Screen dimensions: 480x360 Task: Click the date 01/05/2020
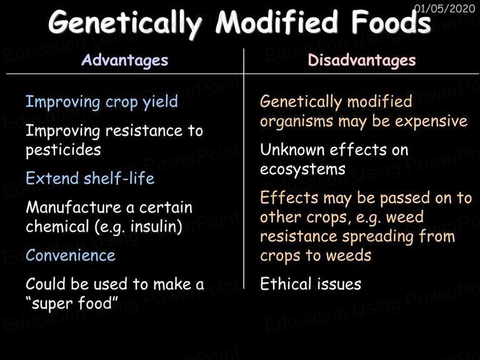444,8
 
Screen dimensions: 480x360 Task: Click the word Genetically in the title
125,23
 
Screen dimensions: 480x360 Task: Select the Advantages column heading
125,60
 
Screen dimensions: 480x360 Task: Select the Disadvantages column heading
362,60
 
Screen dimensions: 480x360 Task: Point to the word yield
161,102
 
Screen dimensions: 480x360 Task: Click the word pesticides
63,150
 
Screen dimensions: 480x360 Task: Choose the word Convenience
71,255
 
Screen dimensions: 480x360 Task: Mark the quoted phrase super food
72,303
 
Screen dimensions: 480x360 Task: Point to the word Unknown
292,150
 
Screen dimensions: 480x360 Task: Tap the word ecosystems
302,170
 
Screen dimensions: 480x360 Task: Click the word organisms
297,121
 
